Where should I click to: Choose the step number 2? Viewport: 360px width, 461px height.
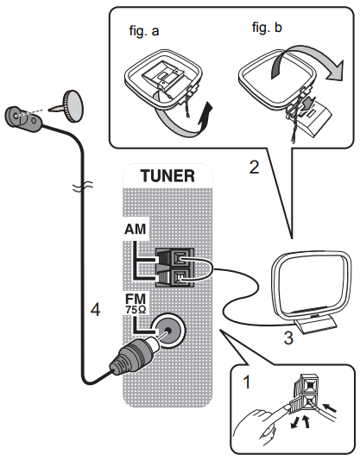pyautogui.click(x=253, y=167)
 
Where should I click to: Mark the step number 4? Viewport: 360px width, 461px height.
pyautogui.click(x=96, y=308)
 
